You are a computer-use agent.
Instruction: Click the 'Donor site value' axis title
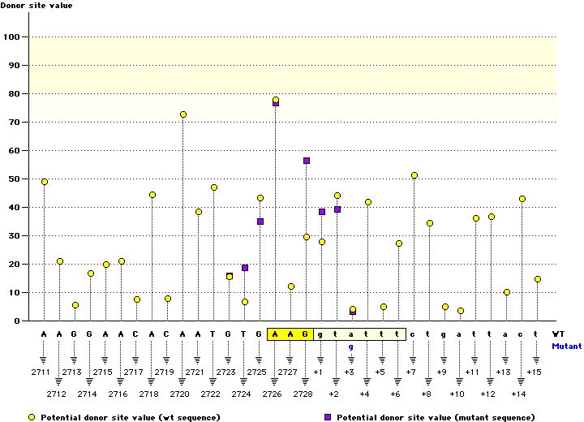click(36, 6)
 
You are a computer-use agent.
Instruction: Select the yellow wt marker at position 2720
click(183, 114)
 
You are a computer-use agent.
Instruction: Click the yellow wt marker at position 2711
click(45, 182)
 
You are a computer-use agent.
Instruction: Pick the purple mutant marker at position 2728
click(307, 161)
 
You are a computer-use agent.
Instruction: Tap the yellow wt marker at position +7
click(414, 175)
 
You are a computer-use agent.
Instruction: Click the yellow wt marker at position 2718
click(152, 195)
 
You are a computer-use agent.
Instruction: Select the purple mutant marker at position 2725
click(260, 222)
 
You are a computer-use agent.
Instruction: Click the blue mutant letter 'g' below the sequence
click(351, 347)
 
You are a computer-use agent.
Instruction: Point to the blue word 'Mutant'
click(566, 346)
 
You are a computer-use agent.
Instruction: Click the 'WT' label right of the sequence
click(559, 334)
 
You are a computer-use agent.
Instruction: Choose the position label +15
click(534, 372)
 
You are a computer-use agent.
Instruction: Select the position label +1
click(318, 372)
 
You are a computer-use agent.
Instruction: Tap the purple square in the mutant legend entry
click(327, 417)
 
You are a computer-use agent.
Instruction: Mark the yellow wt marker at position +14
click(522, 199)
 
